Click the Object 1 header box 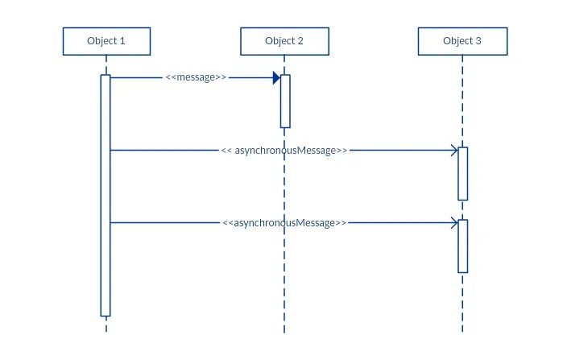pyautogui.click(x=106, y=41)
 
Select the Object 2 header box pyautogui.click(x=284, y=41)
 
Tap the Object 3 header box pyautogui.click(x=462, y=41)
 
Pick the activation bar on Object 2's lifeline pyautogui.click(x=285, y=101)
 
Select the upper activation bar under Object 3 pyautogui.click(x=463, y=173)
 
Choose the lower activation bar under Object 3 pyautogui.click(x=463, y=246)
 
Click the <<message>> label pyautogui.click(x=196, y=78)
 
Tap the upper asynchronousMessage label pyautogui.click(x=284, y=151)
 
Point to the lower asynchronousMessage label pyautogui.click(x=284, y=223)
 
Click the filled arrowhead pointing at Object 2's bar pyautogui.click(x=276, y=78)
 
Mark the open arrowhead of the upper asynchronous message pyautogui.click(x=454, y=151)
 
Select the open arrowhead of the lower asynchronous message pyautogui.click(x=454, y=223)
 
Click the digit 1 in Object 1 pyautogui.click(x=122, y=41)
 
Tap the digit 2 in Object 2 pyautogui.click(x=300, y=41)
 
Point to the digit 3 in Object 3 pyautogui.click(x=478, y=41)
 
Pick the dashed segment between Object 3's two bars pyautogui.click(x=463, y=209)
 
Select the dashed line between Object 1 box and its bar pyautogui.click(x=106, y=64)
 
